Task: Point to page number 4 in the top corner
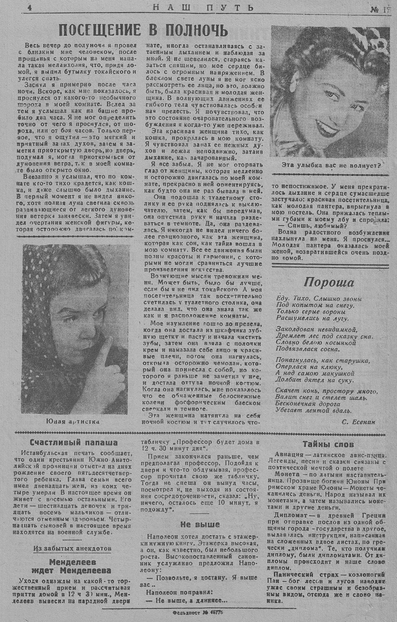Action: pos(30,8)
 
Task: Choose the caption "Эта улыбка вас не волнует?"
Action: pos(331,165)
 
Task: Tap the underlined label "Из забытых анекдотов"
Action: pos(73,549)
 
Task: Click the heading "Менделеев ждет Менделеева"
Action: pos(74,566)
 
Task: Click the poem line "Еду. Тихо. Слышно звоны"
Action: pos(319,298)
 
